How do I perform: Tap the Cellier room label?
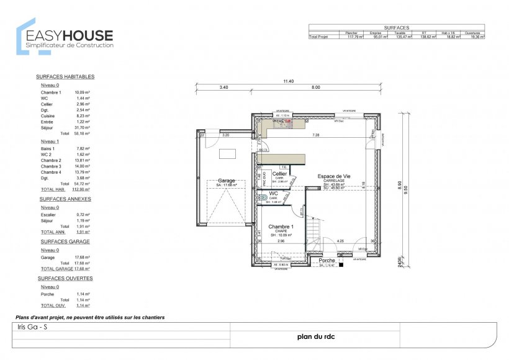coord(279,174)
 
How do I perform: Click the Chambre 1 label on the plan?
coord(281,227)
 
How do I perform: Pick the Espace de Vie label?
coord(333,176)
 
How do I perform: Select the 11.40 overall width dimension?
coord(288,81)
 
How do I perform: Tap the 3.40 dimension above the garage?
coord(224,88)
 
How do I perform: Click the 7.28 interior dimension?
coord(315,135)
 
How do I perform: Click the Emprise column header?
coord(376,32)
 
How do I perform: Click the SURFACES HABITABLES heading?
coord(65,76)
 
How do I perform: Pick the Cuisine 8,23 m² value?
coord(83,116)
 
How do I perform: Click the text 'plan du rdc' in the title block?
coord(313,338)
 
